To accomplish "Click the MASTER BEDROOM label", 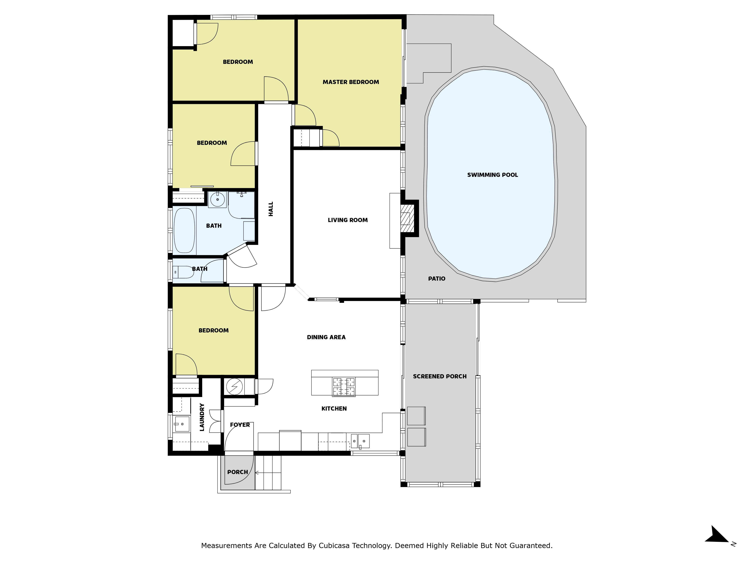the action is point(351,82).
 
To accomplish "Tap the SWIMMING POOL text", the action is point(493,175).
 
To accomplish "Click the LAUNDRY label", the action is point(202,417).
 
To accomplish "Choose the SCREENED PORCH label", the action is point(440,376).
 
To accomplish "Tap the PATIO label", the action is point(437,279).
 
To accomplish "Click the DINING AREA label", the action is point(326,337).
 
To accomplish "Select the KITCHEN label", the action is point(334,409).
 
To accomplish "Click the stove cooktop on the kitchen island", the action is point(344,387).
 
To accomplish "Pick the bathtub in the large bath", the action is point(184,231).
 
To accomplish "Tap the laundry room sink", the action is point(182,424).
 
